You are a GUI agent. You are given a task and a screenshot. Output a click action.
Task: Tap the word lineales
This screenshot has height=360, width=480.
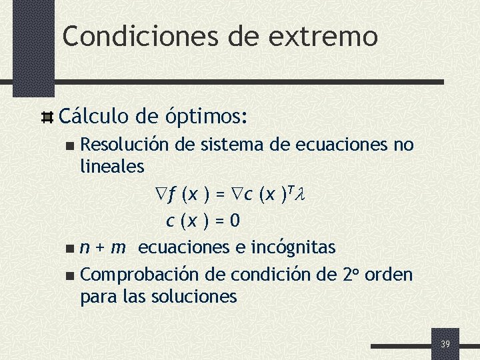click(112, 164)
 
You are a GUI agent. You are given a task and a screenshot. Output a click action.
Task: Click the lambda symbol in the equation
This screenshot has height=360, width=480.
click(299, 195)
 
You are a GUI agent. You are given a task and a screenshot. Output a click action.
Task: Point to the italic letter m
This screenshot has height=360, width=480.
click(118, 248)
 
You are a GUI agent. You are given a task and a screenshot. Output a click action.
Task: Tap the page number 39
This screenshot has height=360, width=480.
click(445, 344)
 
